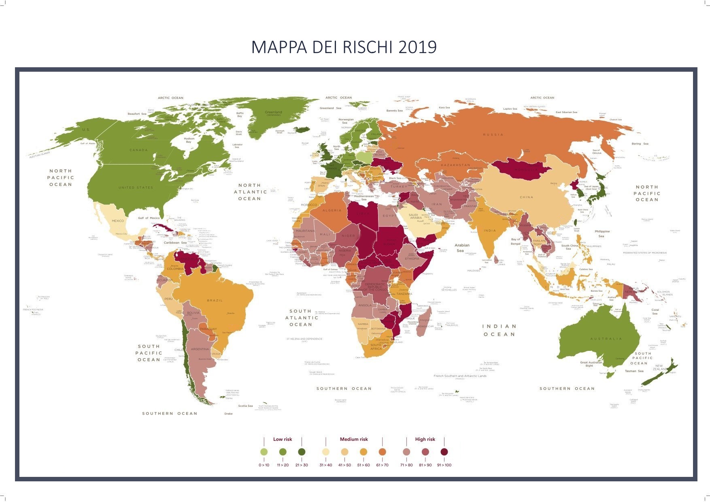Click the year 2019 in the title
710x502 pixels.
coord(417,47)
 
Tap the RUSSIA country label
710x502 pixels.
coord(493,135)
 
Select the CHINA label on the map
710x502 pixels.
coord(526,197)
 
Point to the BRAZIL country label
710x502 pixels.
coord(215,300)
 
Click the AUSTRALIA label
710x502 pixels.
coord(606,339)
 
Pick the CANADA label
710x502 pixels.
coord(138,150)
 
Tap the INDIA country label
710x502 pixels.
coord(490,231)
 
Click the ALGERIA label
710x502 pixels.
coord(332,210)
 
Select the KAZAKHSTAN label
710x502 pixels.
coord(455,165)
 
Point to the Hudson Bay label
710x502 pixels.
coord(189,140)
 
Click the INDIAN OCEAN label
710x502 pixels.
coord(499,330)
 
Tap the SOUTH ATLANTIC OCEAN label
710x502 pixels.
coord(301,318)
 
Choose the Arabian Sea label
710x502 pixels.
coord(462,248)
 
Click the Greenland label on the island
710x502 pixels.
coord(273,112)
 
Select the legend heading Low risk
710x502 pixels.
coord(283,439)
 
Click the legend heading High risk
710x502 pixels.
coord(425,439)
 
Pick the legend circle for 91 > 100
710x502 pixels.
coord(444,452)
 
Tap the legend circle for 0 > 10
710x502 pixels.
coord(264,452)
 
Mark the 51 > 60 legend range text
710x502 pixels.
coord(364,465)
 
